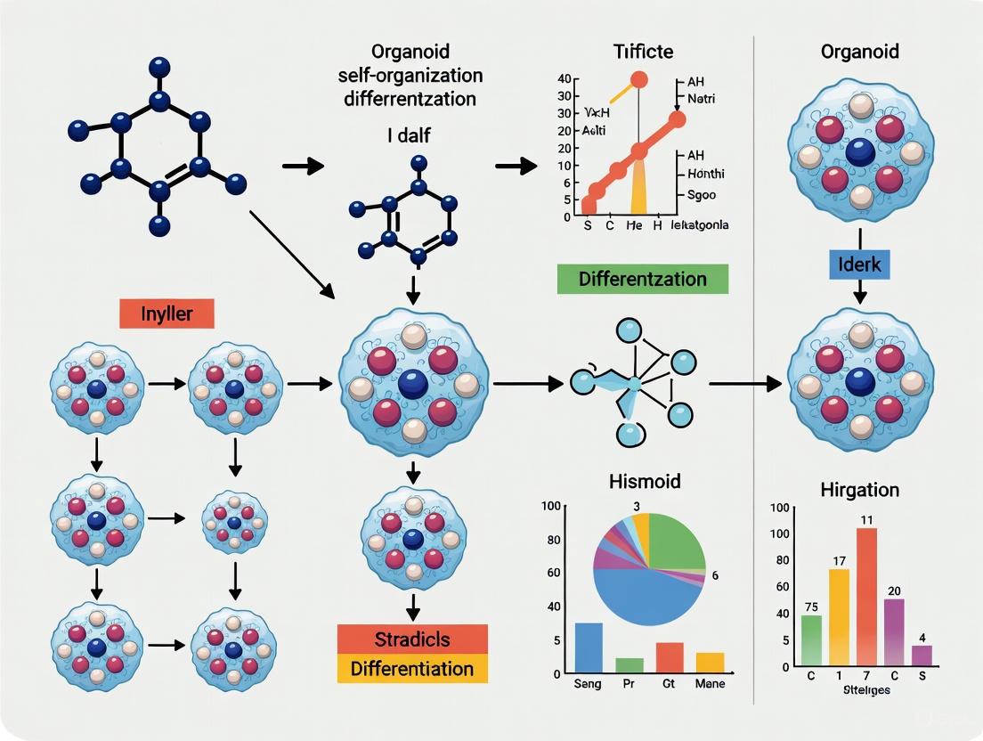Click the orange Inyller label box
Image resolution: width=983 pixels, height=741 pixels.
[x=167, y=313]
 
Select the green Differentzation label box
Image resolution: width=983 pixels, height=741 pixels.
[x=643, y=279]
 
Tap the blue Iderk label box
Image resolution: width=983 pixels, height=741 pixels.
[x=860, y=265]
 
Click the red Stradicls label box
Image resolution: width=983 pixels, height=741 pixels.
[x=412, y=639]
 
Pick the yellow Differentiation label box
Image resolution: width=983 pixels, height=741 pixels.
[x=412, y=668]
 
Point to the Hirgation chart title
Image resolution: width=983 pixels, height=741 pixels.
[x=859, y=490]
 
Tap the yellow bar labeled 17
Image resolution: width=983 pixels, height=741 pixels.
[x=839, y=616]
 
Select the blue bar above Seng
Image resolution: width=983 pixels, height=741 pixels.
[x=589, y=647]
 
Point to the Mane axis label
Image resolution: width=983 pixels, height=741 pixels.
[x=709, y=684]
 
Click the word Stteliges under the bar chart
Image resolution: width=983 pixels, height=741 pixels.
[x=860, y=690]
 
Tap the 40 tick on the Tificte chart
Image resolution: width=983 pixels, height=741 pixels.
[x=563, y=79]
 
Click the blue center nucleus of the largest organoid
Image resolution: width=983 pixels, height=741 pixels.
[x=412, y=384]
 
